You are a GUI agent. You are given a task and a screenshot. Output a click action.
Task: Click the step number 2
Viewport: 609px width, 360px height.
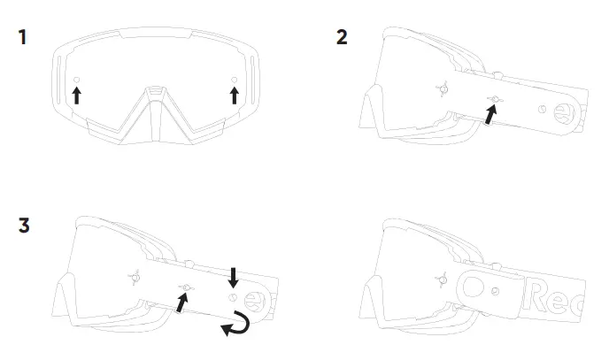(342, 38)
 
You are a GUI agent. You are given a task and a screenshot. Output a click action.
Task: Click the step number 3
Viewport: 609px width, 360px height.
(24, 226)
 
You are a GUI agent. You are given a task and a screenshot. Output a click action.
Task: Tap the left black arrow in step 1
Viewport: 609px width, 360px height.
(77, 94)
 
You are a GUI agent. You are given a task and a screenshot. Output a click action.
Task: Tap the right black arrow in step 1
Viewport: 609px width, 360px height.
(234, 94)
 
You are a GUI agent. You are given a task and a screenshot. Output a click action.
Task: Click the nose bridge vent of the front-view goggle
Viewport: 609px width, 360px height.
(156, 91)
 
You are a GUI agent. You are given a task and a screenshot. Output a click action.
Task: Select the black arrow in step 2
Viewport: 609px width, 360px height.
(489, 113)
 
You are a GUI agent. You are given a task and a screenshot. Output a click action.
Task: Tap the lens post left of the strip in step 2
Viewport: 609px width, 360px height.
(444, 88)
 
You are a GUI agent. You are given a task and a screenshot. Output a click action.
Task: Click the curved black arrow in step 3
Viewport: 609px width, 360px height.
(236, 326)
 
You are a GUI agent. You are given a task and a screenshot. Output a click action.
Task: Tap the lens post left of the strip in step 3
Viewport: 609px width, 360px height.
(135, 275)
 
